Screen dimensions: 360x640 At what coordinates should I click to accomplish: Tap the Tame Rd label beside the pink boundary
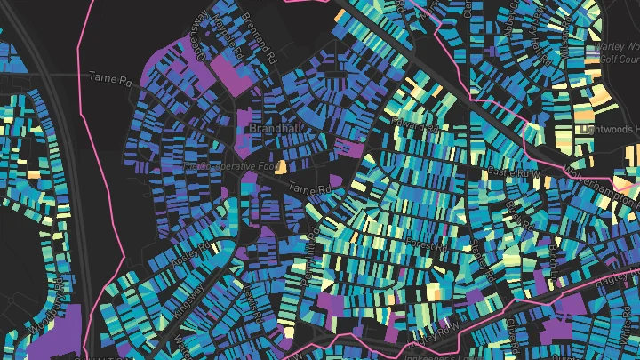(110, 78)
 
